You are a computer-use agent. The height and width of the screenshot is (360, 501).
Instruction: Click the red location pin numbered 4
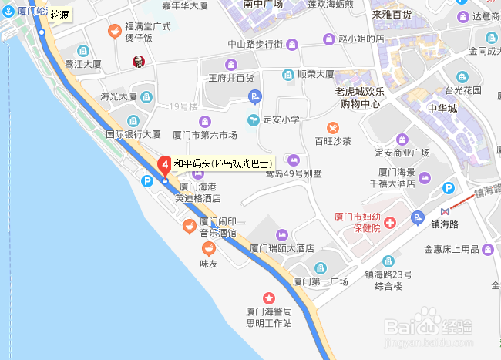[164, 164]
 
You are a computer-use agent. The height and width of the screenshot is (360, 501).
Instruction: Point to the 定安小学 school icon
[252, 119]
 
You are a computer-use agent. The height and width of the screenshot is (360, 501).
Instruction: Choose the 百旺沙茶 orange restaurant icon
[332, 126]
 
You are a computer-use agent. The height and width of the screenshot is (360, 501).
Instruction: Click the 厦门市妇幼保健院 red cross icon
[390, 223]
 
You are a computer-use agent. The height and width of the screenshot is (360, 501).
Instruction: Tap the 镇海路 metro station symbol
[445, 210]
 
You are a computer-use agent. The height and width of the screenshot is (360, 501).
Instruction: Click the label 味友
[209, 264]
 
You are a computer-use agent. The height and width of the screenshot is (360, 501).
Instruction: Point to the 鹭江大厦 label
[83, 63]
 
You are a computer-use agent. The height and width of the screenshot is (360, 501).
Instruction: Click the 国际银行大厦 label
[133, 133]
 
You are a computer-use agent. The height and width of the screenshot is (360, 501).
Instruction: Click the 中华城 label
[442, 107]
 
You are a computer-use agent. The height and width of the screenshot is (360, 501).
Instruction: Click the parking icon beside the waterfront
[146, 180]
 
